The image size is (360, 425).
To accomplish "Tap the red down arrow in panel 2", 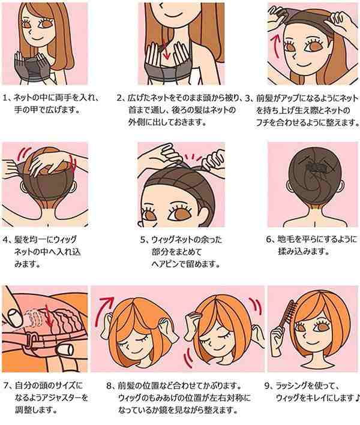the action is (166, 50).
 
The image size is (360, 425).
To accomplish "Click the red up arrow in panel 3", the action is (277, 47).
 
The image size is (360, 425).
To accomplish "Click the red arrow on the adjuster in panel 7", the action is (48, 316).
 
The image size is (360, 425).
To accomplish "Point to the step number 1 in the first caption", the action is (5, 98).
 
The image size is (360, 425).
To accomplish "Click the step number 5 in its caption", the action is (143, 240).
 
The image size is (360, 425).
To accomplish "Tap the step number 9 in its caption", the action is (268, 385).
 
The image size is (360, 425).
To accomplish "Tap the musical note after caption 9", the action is (357, 398).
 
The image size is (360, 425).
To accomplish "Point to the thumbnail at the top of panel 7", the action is (16, 317).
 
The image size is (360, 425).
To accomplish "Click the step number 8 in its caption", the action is (109, 385).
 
